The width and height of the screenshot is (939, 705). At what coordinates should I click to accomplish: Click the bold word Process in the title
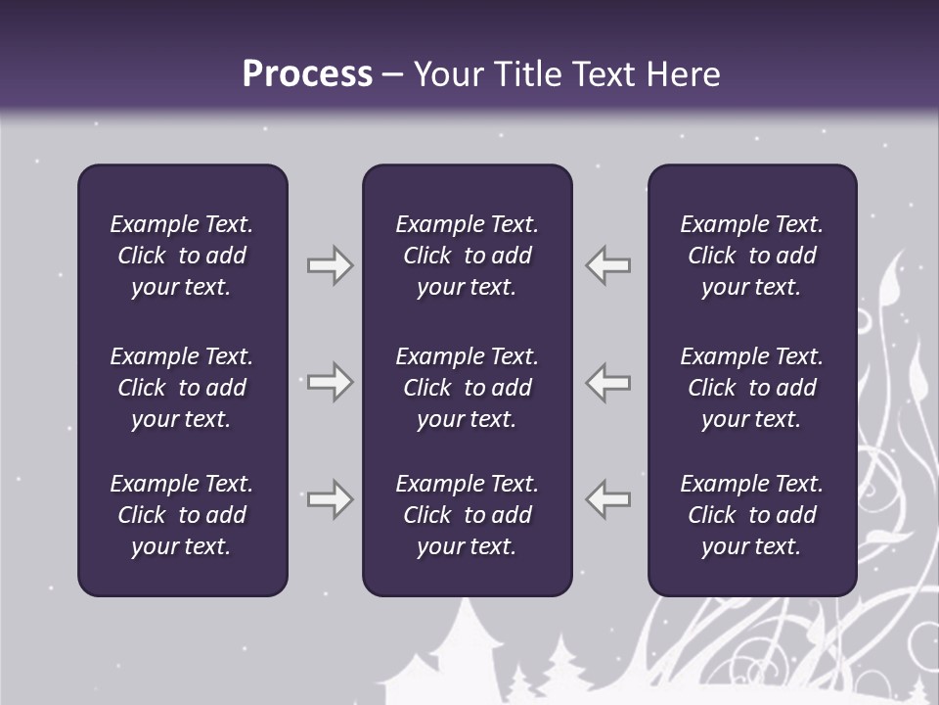pyautogui.click(x=307, y=74)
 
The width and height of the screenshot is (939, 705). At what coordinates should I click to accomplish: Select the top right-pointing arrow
pyautogui.click(x=330, y=265)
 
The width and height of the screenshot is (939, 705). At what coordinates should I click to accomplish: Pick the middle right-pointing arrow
pyautogui.click(x=330, y=382)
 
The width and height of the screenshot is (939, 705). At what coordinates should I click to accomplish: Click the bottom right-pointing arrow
pyautogui.click(x=330, y=499)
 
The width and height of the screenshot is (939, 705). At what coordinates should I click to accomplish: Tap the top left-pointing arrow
pyautogui.click(x=608, y=265)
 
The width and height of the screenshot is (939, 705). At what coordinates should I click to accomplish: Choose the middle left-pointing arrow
pyautogui.click(x=608, y=382)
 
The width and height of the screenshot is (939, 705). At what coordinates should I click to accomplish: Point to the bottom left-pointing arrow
pyautogui.click(x=608, y=499)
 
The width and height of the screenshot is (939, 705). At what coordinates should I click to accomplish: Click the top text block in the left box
pyautogui.click(x=182, y=256)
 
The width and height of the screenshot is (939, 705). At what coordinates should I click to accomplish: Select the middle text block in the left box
pyautogui.click(x=182, y=388)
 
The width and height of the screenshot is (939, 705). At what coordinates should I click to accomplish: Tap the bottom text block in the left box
pyautogui.click(x=182, y=515)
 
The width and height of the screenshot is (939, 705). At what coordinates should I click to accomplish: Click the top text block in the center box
pyautogui.click(x=467, y=256)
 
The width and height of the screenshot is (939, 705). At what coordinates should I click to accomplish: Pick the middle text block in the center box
pyautogui.click(x=467, y=388)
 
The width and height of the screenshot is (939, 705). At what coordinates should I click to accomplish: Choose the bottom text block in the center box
pyautogui.click(x=467, y=515)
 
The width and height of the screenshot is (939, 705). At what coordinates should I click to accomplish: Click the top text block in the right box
pyautogui.click(x=751, y=256)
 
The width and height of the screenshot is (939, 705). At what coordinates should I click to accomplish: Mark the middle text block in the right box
pyautogui.click(x=751, y=388)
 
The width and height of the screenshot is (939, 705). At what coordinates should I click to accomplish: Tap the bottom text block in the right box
pyautogui.click(x=751, y=515)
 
